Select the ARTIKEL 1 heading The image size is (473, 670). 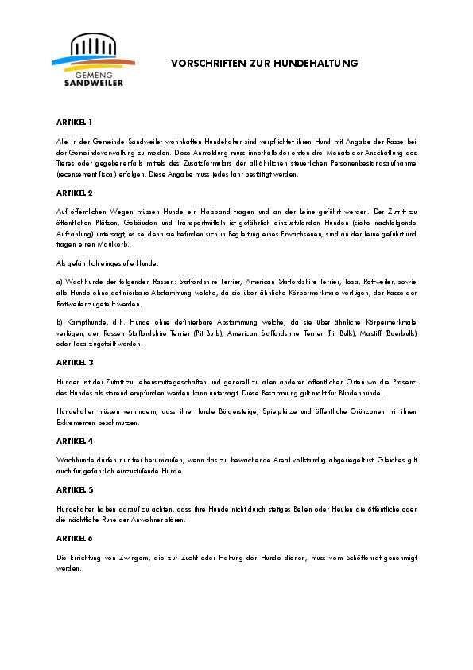(74, 123)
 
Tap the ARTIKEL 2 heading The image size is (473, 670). (74, 193)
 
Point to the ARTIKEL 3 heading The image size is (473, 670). (74, 362)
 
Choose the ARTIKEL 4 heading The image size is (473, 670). (74, 441)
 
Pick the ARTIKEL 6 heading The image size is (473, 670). (74, 539)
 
